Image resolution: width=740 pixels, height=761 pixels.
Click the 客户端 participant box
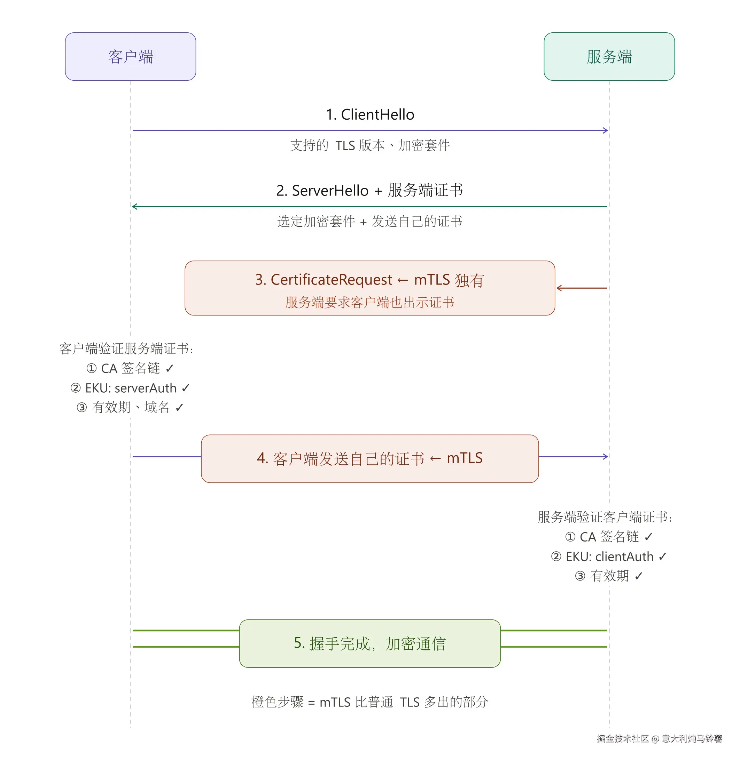coord(130,57)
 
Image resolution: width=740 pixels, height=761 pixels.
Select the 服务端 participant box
coord(609,57)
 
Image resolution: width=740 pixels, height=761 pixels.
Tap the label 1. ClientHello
coord(369,114)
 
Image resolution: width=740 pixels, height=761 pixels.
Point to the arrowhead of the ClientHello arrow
coord(605,130)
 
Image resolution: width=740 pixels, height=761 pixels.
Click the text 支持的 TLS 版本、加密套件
coord(369,146)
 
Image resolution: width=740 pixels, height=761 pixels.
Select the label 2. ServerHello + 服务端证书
coord(369,191)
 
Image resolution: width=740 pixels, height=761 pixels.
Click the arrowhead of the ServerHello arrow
coord(135,207)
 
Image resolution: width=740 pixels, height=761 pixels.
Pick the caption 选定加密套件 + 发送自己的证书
coord(369,221)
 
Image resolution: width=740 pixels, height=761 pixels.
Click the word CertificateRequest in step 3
coord(331,280)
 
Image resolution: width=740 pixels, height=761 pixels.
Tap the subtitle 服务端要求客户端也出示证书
coord(369,303)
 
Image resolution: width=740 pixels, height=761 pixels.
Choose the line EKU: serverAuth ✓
coord(130,388)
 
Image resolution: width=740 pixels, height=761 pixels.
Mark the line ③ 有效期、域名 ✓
coord(130,407)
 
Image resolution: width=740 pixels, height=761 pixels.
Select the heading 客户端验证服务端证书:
coord(126,348)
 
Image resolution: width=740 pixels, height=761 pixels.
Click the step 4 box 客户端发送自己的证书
coord(369,458)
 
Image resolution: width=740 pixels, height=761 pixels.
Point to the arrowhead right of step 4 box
coord(605,457)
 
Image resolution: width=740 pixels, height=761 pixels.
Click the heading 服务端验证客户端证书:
coord(605,517)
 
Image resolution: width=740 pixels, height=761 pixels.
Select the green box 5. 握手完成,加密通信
coord(369,643)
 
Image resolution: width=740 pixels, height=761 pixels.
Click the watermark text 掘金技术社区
coord(622,738)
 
